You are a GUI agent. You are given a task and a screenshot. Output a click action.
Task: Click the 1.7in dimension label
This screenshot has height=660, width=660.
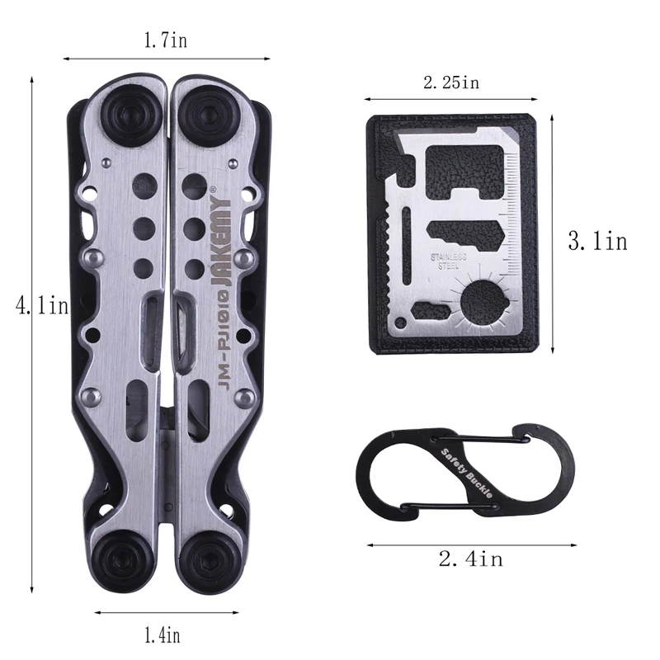(x=166, y=40)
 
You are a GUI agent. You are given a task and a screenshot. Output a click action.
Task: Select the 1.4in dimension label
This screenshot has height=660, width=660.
(x=162, y=634)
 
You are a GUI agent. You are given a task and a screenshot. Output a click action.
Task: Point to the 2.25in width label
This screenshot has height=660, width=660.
(x=451, y=82)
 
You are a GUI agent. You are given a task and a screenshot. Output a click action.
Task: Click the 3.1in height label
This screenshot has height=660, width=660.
(x=597, y=242)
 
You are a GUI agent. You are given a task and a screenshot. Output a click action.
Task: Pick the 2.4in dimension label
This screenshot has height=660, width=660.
(x=471, y=559)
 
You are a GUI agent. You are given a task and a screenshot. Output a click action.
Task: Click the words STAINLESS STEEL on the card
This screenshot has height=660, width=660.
(x=448, y=262)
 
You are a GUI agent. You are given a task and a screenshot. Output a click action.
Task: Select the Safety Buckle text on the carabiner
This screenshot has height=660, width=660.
(x=466, y=473)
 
